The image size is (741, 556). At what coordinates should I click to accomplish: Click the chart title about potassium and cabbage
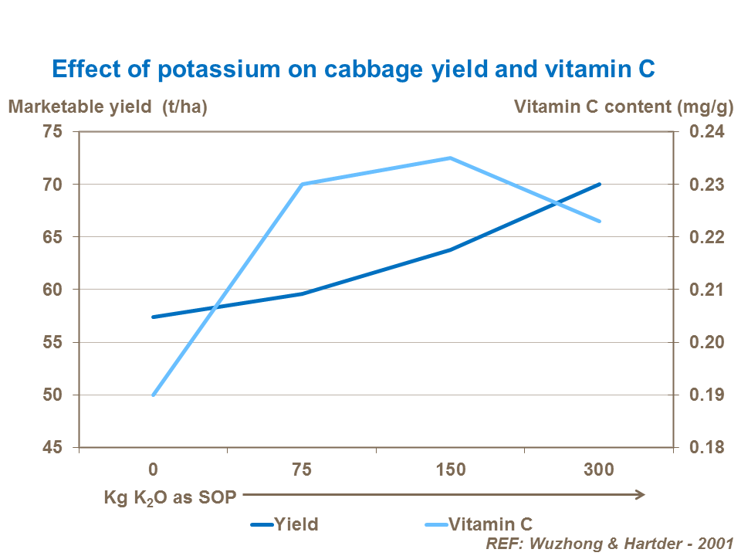click(x=353, y=69)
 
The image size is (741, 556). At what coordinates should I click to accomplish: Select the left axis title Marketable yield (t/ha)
click(x=108, y=107)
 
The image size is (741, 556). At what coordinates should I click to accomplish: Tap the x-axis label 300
click(x=600, y=470)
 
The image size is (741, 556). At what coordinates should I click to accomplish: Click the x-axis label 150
click(x=451, y=470)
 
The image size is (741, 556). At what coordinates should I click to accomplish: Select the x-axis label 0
click(x=153, y=470)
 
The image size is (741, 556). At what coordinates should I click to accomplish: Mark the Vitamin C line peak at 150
click(x=451, y=158)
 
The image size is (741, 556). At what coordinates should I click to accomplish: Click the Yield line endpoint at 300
click(x=600, y=185)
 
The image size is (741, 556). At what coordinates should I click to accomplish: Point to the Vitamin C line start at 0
click(x=154, y=395)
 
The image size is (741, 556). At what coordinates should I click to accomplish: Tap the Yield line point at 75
click(x=302, y=293)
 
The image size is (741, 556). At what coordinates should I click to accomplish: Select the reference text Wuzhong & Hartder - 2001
click(x=609, y=543)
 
